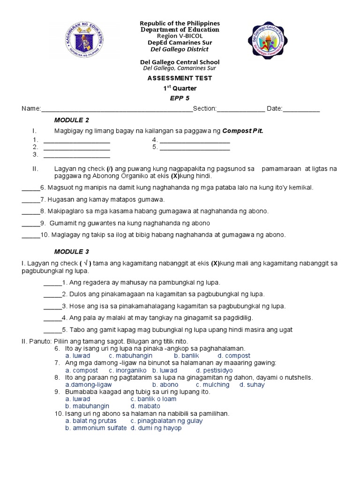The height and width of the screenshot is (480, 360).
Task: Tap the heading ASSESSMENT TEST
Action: [x=180, y=78]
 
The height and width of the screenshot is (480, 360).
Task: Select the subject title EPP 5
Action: [x=180, y=98]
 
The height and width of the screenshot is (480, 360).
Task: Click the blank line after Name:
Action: [x=117, y=109]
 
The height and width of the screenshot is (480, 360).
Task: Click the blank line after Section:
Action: [x=240, y=109]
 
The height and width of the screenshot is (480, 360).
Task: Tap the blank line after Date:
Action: [x=301, y=109]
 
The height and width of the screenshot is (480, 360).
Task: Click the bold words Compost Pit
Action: [x=242, y=130]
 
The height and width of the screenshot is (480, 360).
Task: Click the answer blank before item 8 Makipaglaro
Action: [x=31, y=211]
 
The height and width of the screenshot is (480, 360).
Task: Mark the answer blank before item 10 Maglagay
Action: [x=31, y=235]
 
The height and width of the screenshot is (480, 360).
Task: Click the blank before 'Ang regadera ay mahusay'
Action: [x=52, y=283]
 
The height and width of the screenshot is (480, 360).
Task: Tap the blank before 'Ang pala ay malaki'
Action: [x=52, y=318]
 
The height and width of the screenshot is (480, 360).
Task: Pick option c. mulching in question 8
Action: [x=212, y=385]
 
